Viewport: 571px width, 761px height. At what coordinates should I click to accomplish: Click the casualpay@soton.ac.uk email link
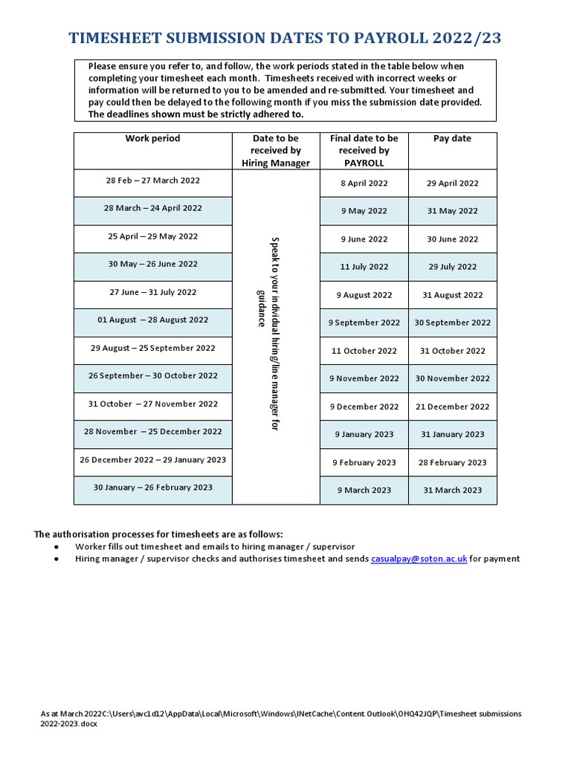(x=419, y=559)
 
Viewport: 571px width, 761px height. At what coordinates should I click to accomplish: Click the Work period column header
(x=152, y=138)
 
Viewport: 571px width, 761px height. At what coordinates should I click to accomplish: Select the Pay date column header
(x=452, y=138)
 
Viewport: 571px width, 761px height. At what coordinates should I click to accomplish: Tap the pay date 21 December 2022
(x=452, y=407)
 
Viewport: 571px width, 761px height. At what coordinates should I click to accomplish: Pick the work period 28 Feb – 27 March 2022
(x=152, y=181)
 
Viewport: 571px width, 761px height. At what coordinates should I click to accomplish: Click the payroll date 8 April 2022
(x=364, y=183)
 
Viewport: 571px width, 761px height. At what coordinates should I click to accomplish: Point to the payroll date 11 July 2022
(x=364, y=267)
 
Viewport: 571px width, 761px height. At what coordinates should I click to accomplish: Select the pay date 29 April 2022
(x=452, y=183)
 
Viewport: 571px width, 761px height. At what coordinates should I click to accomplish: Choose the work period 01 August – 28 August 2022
(x=152, y=320)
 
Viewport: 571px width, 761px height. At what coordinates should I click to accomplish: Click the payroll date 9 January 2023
(x=364, y=434)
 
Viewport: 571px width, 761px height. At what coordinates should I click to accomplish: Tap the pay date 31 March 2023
(x=452, y=490)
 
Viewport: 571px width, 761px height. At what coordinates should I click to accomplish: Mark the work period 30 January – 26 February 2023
(x=152, y=488)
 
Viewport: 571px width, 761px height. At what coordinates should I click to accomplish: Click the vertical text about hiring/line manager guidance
(x=268, y=334)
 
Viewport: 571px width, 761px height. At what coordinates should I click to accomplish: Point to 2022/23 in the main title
(x=476, y=39)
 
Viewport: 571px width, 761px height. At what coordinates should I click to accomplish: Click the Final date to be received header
(x=364, y=150)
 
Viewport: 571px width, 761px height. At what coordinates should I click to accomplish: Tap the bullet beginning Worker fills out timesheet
(x=215, y=546)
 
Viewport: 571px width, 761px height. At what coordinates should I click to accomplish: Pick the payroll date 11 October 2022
(x=364, y=351)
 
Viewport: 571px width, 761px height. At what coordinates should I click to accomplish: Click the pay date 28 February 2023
(x=452, y=462)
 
